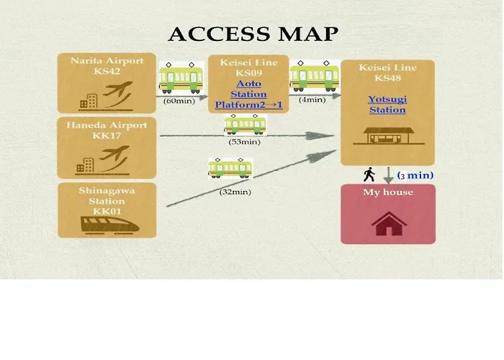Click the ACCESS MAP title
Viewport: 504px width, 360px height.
253,34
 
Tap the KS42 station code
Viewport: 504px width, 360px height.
107,71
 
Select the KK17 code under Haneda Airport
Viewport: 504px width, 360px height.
107,135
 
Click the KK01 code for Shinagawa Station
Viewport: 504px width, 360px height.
107,211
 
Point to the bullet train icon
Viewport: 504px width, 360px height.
109,225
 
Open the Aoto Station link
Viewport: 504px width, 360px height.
249,89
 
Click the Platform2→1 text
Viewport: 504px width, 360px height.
248,105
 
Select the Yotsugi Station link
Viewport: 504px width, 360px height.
387,104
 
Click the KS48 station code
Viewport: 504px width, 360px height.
387,78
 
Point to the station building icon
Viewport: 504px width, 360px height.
389,136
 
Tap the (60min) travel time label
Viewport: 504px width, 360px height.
179,101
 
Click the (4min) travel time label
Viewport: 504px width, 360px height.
312,99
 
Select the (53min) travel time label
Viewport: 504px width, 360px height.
244,142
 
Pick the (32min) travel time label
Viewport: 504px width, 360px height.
235,192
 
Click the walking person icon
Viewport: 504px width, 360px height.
369,174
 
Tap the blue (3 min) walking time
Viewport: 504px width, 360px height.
415,176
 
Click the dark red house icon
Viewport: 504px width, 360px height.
390,224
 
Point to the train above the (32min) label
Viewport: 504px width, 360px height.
230,168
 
